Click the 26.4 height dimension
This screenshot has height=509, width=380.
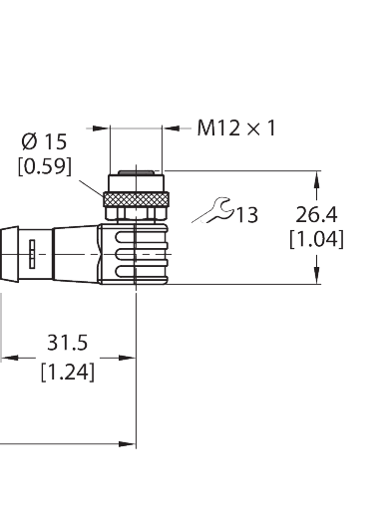[x=316, y=213]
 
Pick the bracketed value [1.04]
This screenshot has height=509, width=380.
[x=316, y=239]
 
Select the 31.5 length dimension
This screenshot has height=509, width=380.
[x=68, y=343]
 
